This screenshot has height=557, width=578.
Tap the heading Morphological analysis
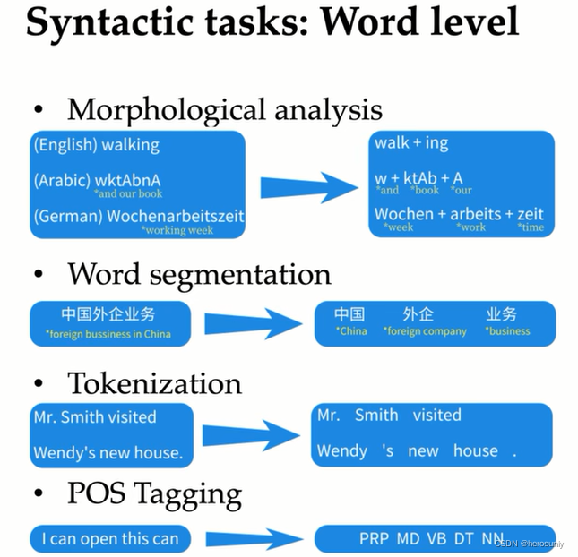224,110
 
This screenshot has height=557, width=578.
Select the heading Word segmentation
199,273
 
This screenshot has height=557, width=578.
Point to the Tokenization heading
154,383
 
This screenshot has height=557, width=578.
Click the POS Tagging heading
154,494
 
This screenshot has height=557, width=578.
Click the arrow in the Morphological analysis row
308,186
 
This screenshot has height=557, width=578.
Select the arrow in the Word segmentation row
254,323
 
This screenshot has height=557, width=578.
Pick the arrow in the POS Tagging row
253,539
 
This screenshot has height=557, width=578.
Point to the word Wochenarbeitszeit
176,216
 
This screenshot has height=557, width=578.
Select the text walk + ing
411,143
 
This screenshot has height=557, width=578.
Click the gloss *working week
178,230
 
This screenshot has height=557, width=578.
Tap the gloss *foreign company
426,331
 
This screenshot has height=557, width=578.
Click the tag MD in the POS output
408,538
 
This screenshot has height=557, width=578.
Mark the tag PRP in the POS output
374,538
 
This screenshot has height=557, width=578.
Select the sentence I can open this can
110,539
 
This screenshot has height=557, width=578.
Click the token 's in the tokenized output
387,450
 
